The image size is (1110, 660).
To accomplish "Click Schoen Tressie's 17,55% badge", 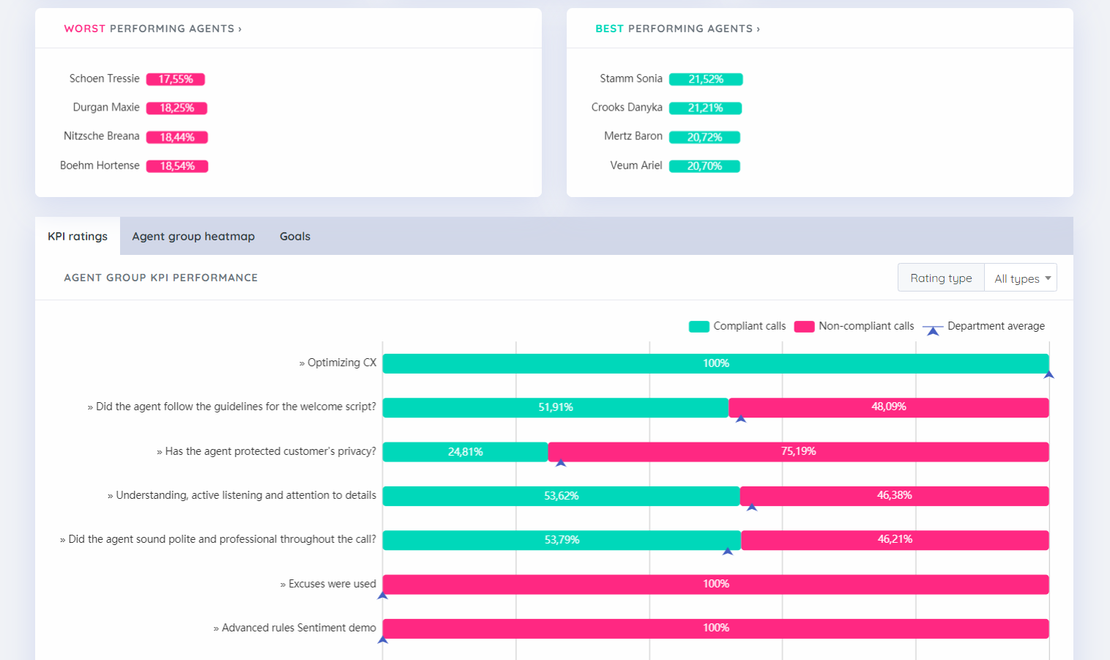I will click(x=176, y=79).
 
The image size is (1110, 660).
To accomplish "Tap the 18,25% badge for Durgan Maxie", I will click(x=176, y=108).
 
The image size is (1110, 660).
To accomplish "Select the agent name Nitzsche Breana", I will click(x=101, y=136).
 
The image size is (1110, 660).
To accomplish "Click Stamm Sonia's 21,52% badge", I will click(x=706, y=79).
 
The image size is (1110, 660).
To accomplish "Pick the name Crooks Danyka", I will click(x=627, y=108).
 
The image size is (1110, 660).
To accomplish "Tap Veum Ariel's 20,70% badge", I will click(x=704, y=166).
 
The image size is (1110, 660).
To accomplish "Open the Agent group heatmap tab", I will click(x=193, y=237).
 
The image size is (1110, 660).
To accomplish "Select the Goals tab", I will click(x=295, y=237).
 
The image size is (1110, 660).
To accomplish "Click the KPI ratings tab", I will click(x=78, y=237).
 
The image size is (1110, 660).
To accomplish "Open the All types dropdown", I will click(x=1021, y=278).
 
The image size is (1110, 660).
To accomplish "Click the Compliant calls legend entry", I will click(x=737, y=327).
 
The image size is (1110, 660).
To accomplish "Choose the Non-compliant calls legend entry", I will click(x=854, y=327).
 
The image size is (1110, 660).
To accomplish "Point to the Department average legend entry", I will click(x=983, y=327).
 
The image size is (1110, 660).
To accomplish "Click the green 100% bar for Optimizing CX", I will click(x=715, y=363).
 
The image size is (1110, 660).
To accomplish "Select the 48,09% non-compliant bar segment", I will click(x=888, y=407).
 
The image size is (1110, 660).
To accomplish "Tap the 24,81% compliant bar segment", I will click(x=465, y=452).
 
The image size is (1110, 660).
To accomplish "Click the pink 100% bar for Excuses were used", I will click(x=715, y=584).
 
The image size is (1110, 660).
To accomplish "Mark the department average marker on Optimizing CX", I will click(x=1048, y=375).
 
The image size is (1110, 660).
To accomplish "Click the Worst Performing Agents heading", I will click(x=152, y=29).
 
